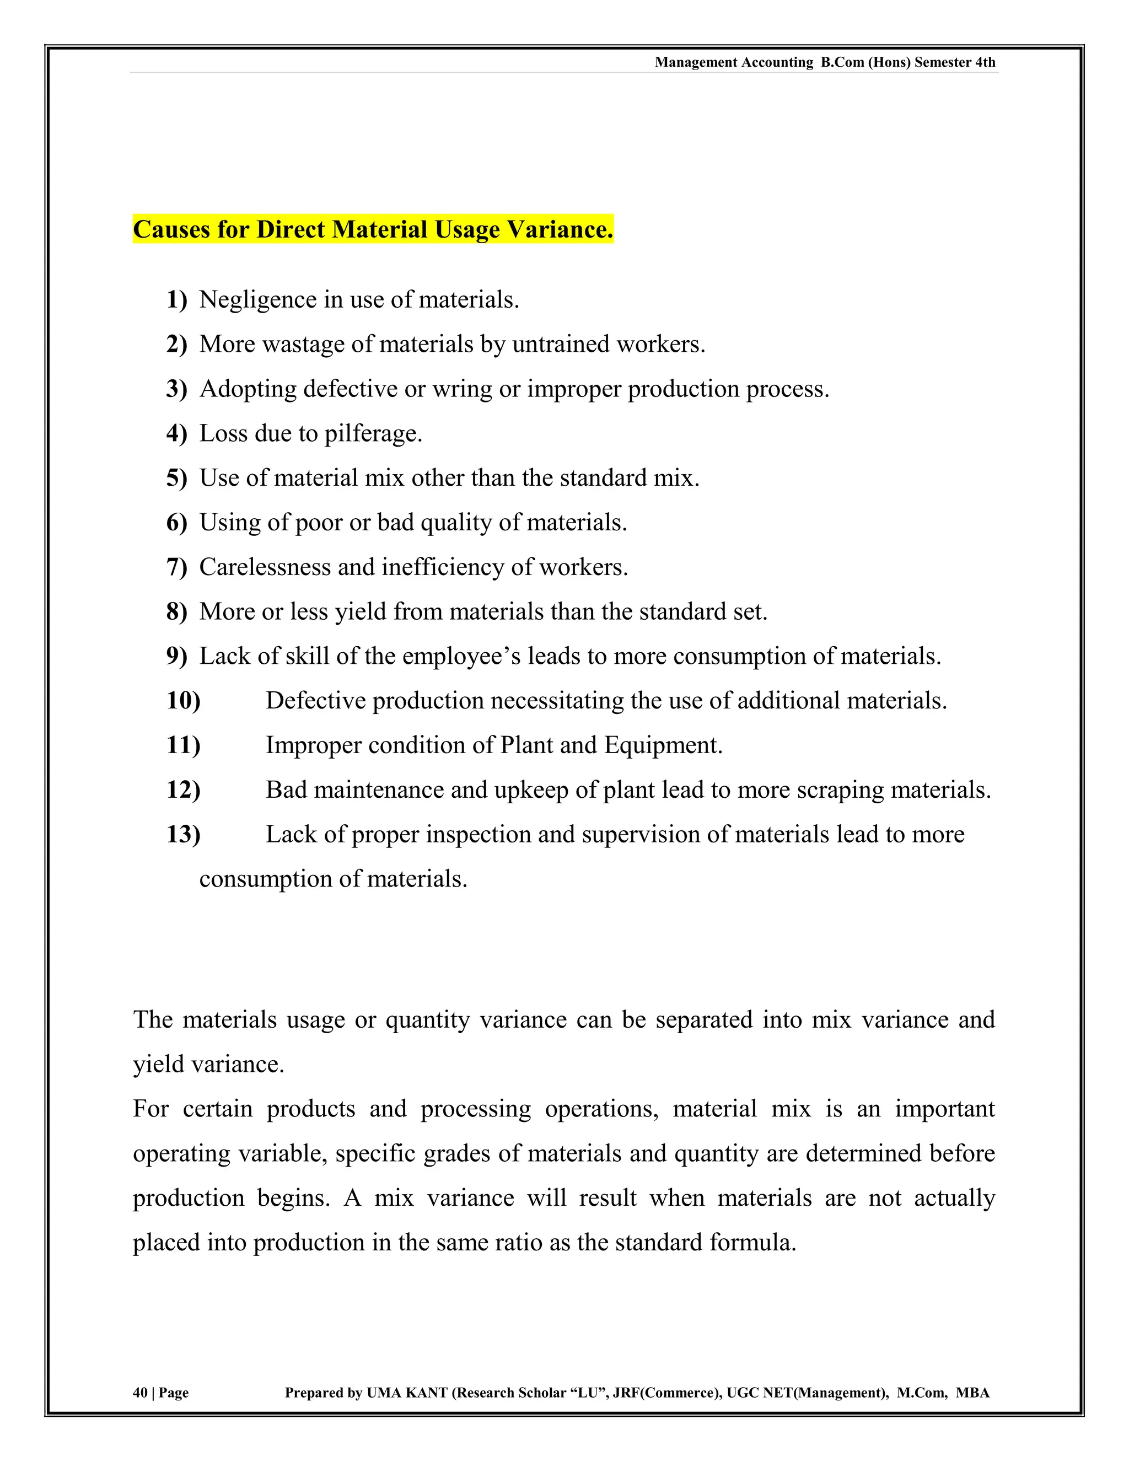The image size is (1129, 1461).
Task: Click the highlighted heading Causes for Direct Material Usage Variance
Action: (373, 229)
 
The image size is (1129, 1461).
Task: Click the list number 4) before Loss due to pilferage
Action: (176, 433)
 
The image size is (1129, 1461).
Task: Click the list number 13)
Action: (182, 835)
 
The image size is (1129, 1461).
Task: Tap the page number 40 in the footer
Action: (140, 1393)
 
